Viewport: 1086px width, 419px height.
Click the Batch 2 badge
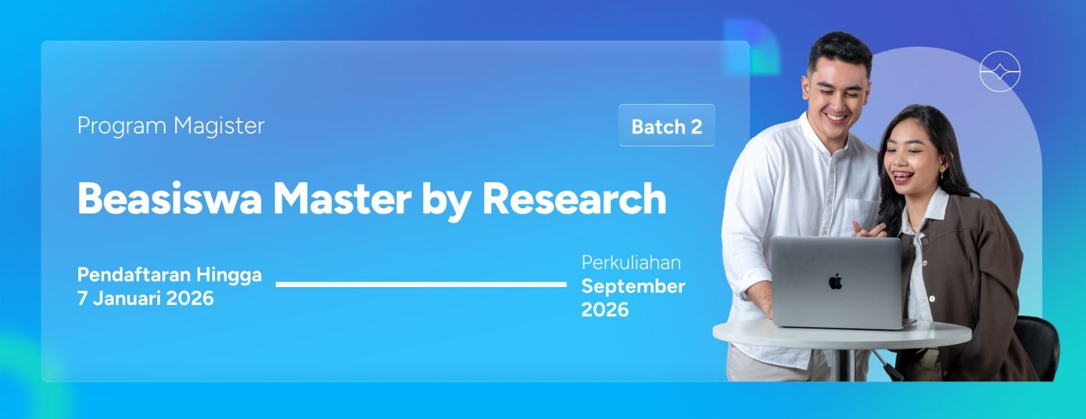click(667, 126)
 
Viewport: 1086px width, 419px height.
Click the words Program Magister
click(171, 126)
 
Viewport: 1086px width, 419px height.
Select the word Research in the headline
click(574, 199)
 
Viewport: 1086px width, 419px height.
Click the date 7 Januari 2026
click(145, 298)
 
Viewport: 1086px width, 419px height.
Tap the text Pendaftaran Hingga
click(170, 275)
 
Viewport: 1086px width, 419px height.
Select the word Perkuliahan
click(631, 263)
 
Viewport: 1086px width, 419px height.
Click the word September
click(633, 286)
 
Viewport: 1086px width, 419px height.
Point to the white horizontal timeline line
click(421, 284)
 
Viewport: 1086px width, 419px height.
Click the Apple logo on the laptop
click(835, 281)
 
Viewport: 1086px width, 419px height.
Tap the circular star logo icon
click(1000, 72)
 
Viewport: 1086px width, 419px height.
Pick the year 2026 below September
click(605, 310)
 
